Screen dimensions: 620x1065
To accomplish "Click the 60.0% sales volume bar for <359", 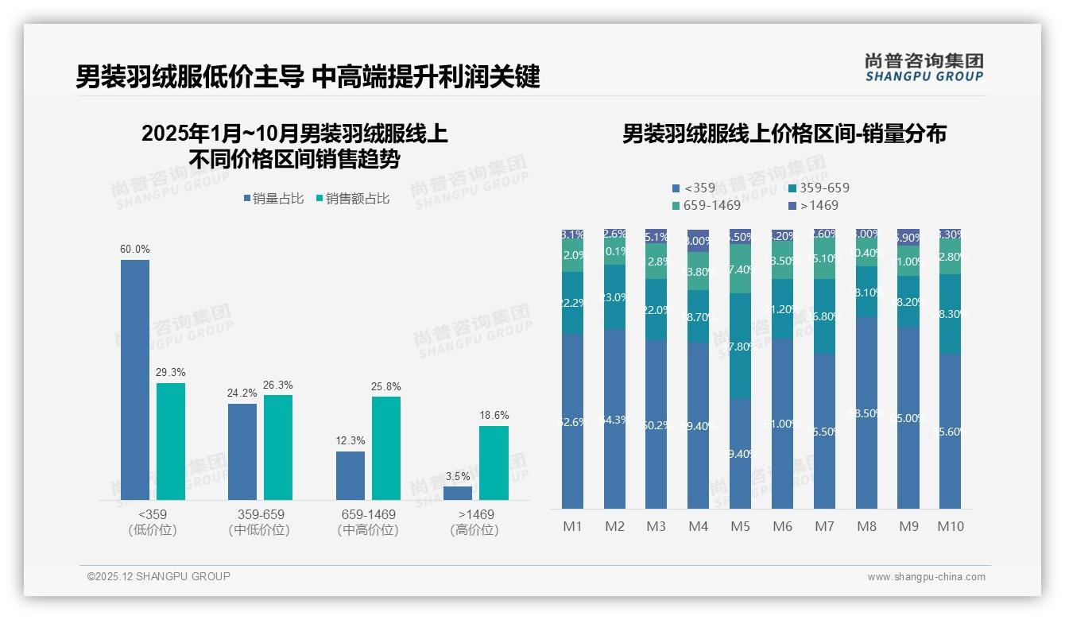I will pos(135,379).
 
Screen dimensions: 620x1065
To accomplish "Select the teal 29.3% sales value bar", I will pos(171,441).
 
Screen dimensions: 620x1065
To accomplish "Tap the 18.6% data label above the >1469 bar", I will pos(494,415).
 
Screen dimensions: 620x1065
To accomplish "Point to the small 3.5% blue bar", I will pos(458,493).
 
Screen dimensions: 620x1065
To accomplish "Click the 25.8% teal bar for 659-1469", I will pos(386,448).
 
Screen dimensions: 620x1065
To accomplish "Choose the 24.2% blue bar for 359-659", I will pos(242,451).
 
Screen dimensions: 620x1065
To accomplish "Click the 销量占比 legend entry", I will pos(273,199).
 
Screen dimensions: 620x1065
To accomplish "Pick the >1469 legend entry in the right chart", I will pos(814,205).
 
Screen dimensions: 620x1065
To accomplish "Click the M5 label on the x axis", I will pos(740,526).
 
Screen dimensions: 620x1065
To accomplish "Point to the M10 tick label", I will pos(950,526).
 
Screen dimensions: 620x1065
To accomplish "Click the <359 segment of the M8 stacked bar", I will pos(867,413).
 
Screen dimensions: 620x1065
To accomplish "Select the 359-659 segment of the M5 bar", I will pos(740,346).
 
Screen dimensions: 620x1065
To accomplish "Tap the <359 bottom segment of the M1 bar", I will pos(572,421).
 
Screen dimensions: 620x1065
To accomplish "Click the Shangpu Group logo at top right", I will pos(924,67).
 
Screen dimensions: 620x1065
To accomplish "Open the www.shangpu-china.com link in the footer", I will pos(926,577).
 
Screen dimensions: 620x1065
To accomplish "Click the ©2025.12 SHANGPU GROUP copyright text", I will pos(159,576).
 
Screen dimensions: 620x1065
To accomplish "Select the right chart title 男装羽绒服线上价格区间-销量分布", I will pos(784,134).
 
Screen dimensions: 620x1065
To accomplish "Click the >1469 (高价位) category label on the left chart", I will pos(476,522).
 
